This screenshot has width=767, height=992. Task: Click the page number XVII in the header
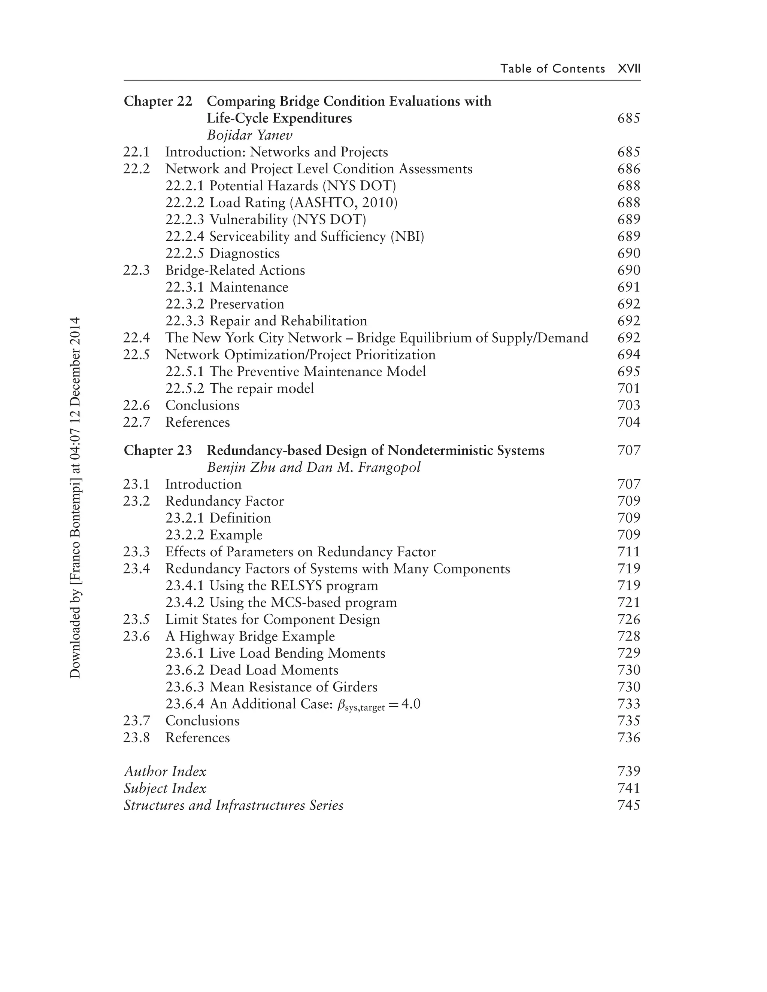[629, 69]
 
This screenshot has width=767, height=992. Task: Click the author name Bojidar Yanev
[249, 135]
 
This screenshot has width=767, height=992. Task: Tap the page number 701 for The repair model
[628, 388]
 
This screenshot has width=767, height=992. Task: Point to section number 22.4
[136, 338]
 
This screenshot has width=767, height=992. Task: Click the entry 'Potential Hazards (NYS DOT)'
[303, 186]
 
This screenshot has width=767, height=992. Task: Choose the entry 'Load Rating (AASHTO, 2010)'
[303, 203]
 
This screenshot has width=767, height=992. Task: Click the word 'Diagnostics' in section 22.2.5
[244, 253]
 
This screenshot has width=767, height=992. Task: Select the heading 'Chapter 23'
[158, 451]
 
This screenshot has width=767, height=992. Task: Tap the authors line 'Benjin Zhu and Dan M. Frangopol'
[313, 468]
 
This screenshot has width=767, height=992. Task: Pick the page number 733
[628, 704]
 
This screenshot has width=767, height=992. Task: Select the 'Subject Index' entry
[165, 788]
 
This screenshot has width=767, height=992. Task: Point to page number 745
[628, 805]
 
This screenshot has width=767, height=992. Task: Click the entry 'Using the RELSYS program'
[294, 586]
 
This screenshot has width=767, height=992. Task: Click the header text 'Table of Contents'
[552, 69]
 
